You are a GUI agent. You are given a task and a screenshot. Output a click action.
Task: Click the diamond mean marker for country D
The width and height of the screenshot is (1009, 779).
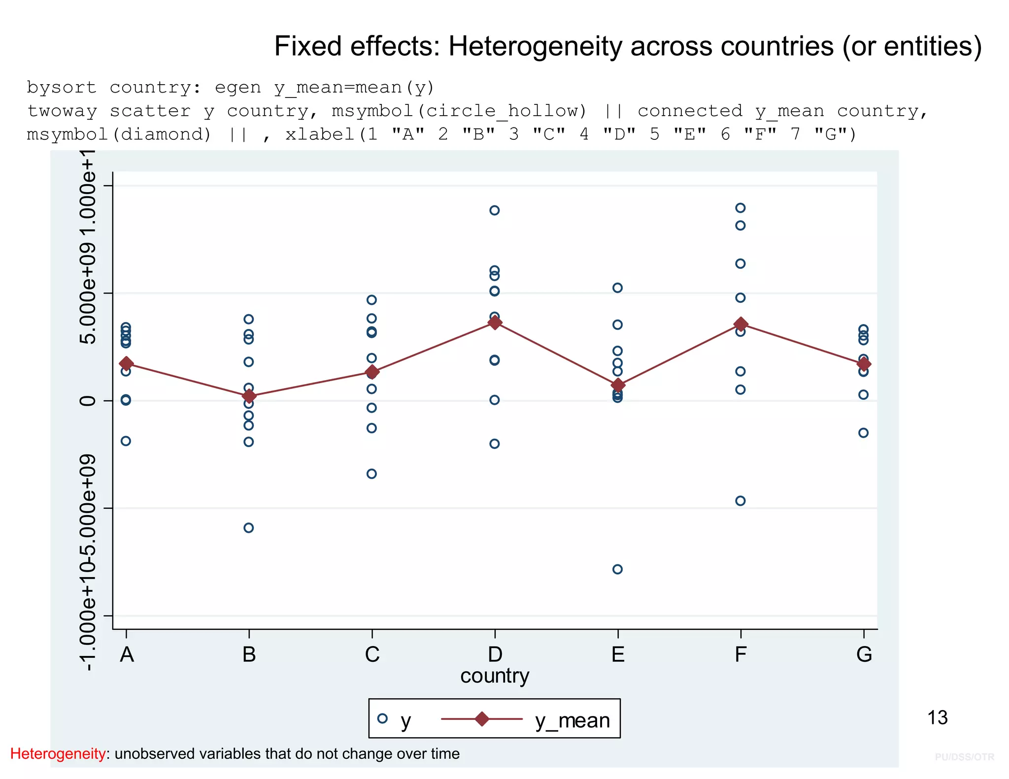[x=495, y=323]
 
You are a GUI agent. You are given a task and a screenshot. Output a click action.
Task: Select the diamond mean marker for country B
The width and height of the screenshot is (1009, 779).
[x=249, y=396]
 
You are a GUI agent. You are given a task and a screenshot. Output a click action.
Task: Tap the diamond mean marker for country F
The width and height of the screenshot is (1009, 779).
[x=740, y=324]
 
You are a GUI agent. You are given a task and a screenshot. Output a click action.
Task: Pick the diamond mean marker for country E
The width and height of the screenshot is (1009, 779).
[x=618, y=385]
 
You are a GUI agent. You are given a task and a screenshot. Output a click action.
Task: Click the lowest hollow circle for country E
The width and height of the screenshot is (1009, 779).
[x=617, y=569]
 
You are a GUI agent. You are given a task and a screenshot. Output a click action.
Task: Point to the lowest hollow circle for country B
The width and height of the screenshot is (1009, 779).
[x=249, y=528]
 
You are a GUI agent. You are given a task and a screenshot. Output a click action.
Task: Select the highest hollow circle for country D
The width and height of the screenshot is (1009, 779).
[x=494, y=210]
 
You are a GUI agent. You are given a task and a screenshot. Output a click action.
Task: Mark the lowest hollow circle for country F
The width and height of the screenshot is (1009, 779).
[x=740, y=501]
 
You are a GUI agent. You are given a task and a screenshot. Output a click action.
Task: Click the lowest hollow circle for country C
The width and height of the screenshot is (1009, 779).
[x=371, y=474]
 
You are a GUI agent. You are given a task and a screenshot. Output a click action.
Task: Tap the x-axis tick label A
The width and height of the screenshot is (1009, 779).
[x=127, y=654]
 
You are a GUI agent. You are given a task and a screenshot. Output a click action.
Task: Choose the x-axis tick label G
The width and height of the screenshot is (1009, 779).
[x=864, y=654]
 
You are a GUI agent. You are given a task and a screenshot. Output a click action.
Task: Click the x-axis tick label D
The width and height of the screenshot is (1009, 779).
[x=495, y=654]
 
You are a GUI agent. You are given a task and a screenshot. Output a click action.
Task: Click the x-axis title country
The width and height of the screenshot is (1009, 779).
[x=495, y=676]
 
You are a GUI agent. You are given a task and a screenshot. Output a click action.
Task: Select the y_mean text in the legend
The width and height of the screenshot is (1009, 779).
[x=572, y=721]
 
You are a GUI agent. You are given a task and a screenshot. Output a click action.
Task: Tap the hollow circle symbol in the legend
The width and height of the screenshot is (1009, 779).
[x=382, y=718]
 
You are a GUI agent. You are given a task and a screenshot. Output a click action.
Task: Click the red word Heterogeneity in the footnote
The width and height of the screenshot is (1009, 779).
[x=58, y=754]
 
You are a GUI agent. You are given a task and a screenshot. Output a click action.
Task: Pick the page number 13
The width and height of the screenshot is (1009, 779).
[x=937, y=718]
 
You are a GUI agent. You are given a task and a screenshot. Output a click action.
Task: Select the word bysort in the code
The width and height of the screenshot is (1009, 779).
[x=62, y=88]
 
